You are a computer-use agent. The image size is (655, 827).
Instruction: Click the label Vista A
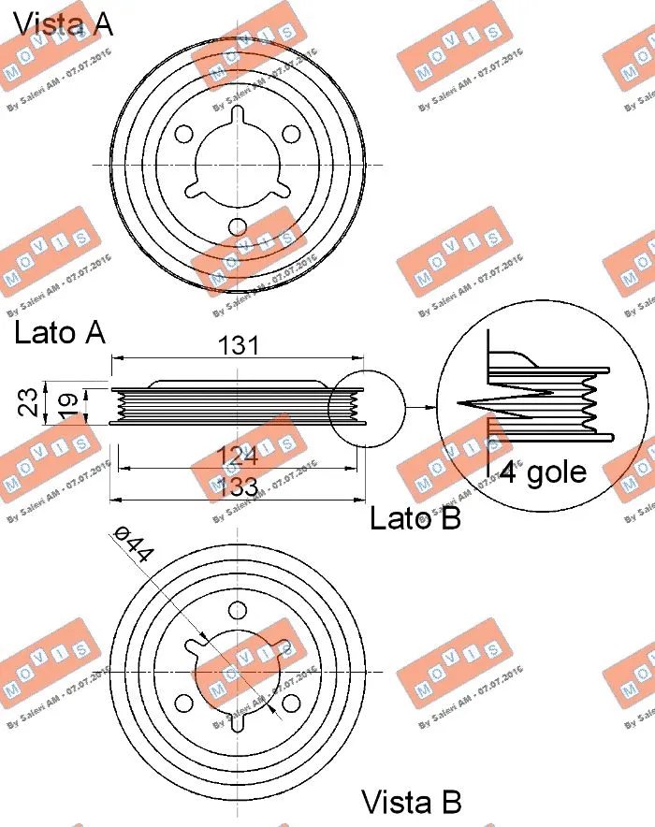pyautogui.click(x=64, y=22)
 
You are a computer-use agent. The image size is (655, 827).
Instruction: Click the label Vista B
pyautogui.click(x=412, y=802)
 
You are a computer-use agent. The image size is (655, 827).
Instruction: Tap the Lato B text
pyautogui.click(x=415, y=517)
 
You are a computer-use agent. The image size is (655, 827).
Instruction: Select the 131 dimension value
pyautogui.click(x=238, y=344)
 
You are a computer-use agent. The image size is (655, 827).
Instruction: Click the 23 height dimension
pyautogui.click(x=30, y=402)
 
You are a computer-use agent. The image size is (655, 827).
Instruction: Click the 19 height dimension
pyautogui.click(x=65, y=404)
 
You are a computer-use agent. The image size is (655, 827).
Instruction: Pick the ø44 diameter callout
pyautogui.click(x=133, y=544)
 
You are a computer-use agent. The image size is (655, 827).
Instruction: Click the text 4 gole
pyautogui.click(x=543, y=472)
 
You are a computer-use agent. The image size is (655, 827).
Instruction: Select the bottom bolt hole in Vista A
pyautogui.click(x=238, y=225)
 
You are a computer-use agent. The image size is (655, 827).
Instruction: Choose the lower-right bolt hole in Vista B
pyautogui.click(x=291, y=704)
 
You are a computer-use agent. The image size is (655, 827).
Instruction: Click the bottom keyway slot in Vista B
pyautogui.click(x=238, y=724)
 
